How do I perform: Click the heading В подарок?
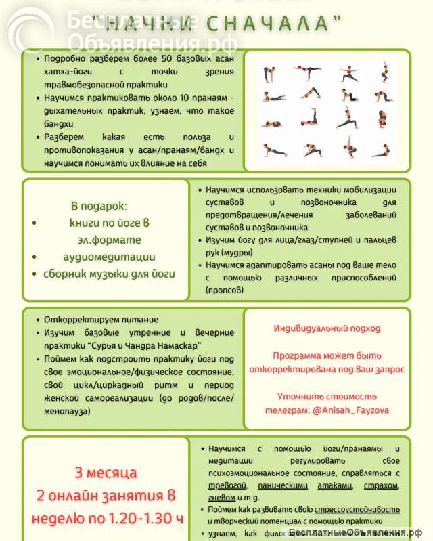tap(99, 206)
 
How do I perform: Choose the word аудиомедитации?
tap(108, 257)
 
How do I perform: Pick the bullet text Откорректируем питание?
tap(101, 320)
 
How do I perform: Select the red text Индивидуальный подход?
tap(327, 328)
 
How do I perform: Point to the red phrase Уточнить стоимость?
tap(327, 397)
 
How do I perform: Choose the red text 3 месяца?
tap(106, 473)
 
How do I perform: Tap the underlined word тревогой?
tap(223, 485)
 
